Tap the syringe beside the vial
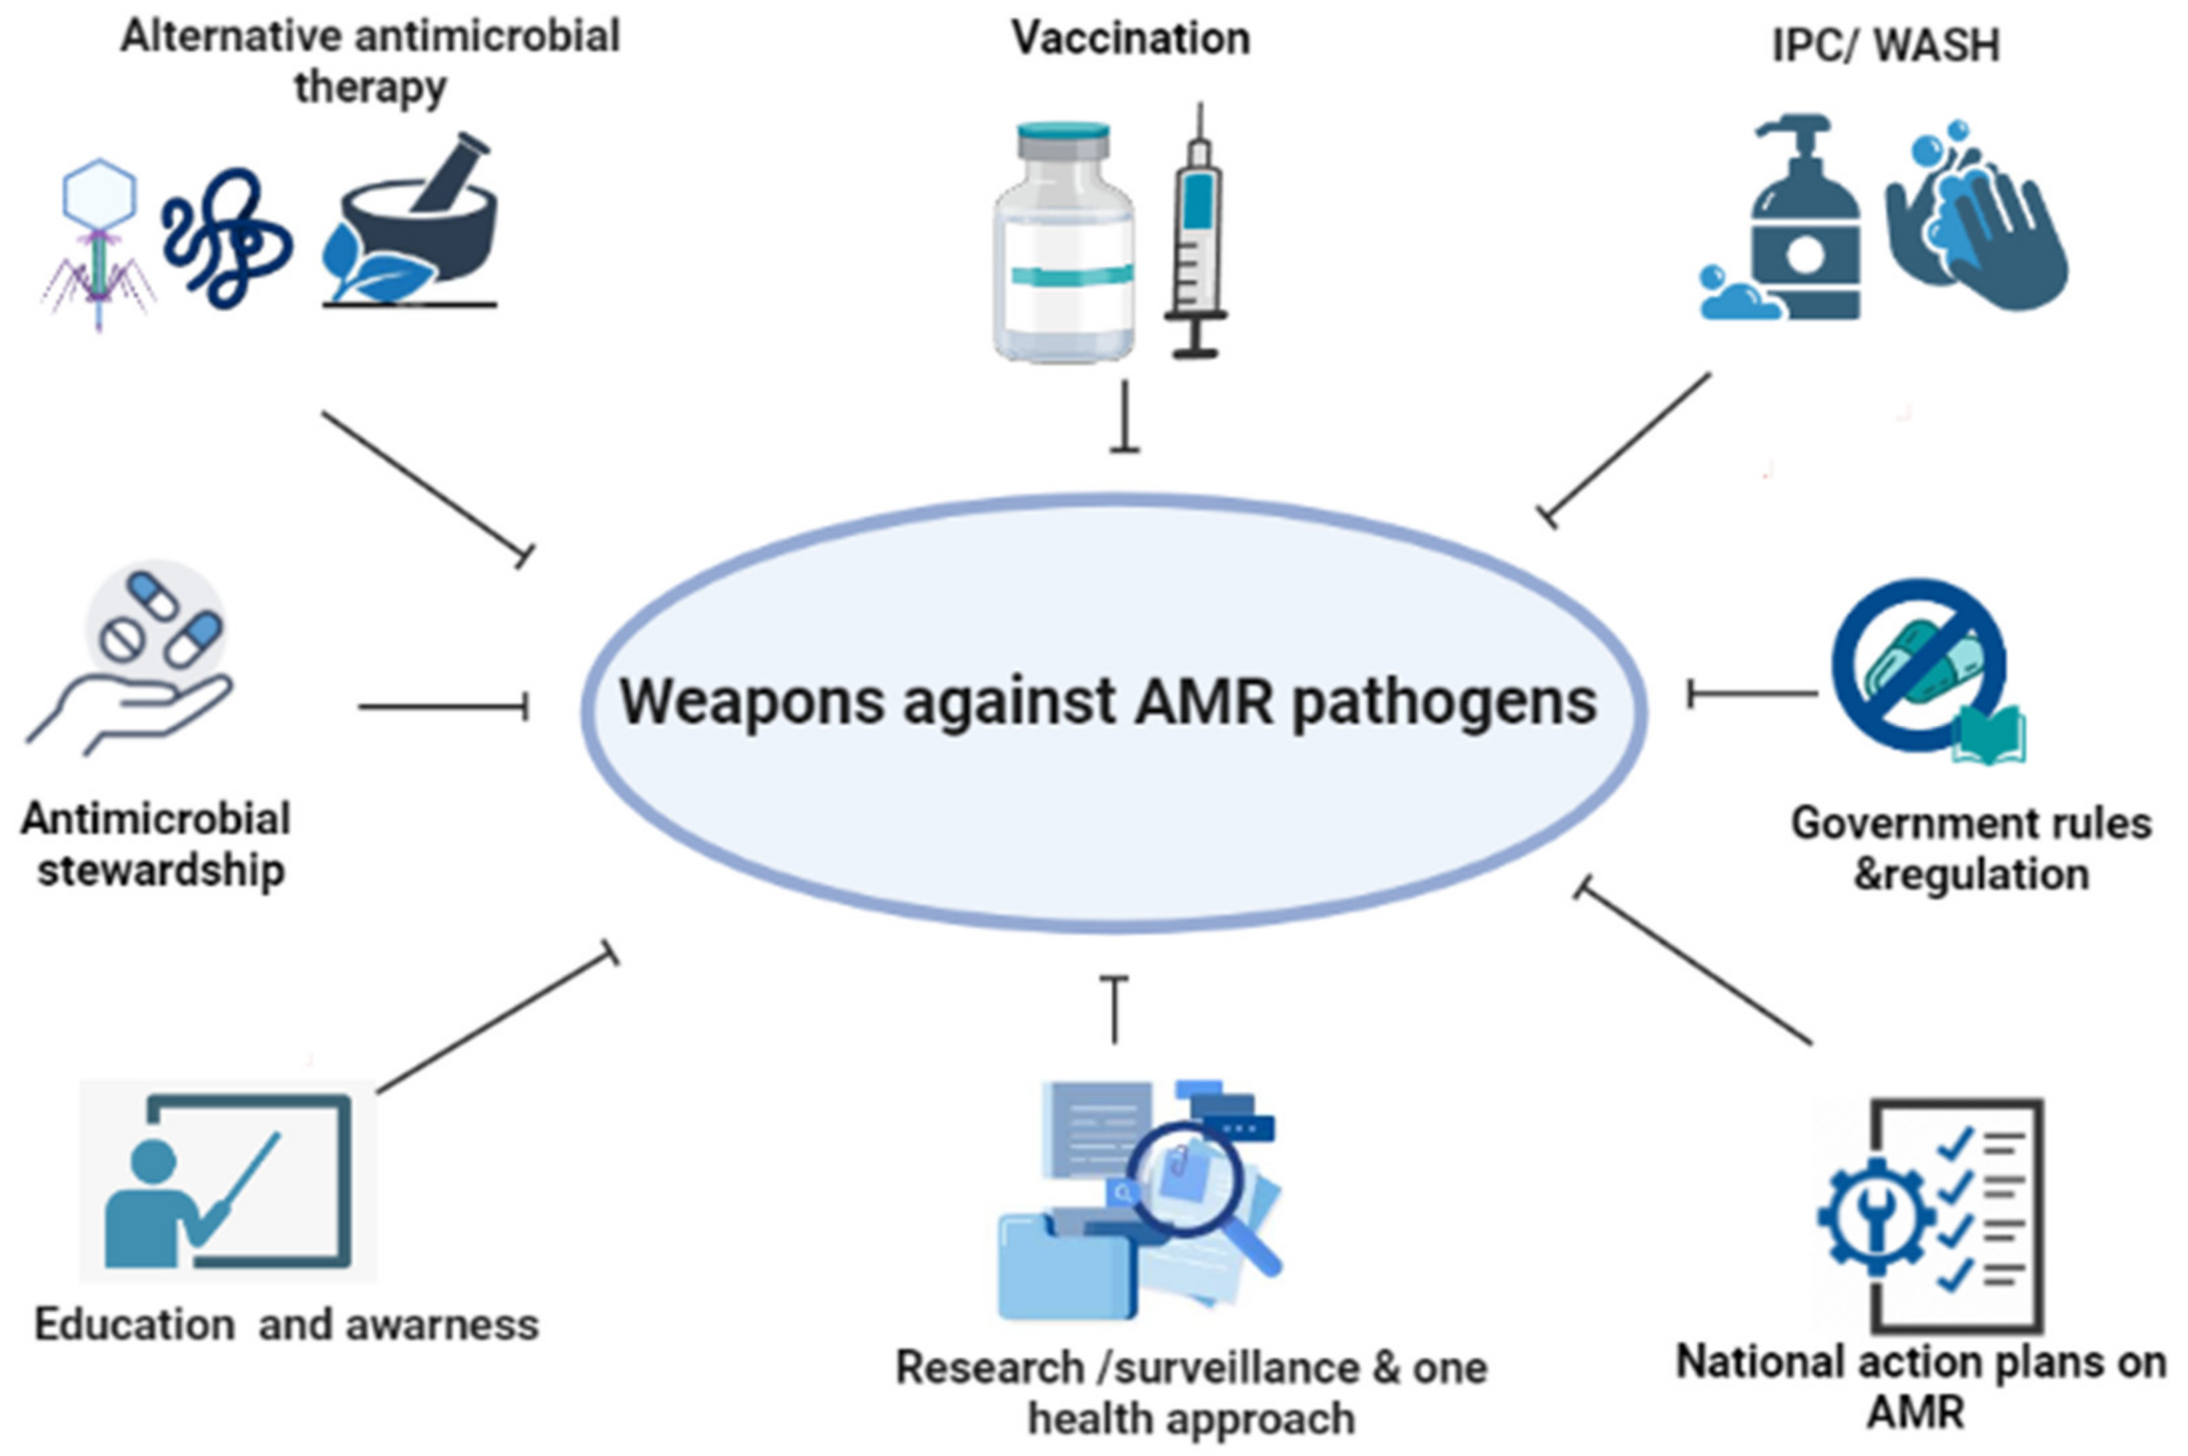pos(1197,237)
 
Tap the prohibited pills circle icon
pos(1919,664)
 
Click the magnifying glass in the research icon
pos(1194,1184)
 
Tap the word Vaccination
pos(1130,39)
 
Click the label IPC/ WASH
pos(1885,45)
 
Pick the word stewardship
pos(160,871)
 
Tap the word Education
pos(135,1324)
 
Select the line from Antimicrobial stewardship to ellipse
pos(443,707)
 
